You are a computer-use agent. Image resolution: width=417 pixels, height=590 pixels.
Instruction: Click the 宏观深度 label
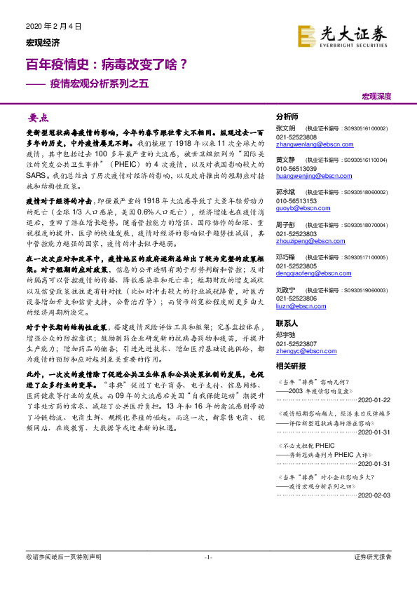coord(376,97)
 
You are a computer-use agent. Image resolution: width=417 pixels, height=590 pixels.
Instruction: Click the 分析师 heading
coord(287,117)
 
